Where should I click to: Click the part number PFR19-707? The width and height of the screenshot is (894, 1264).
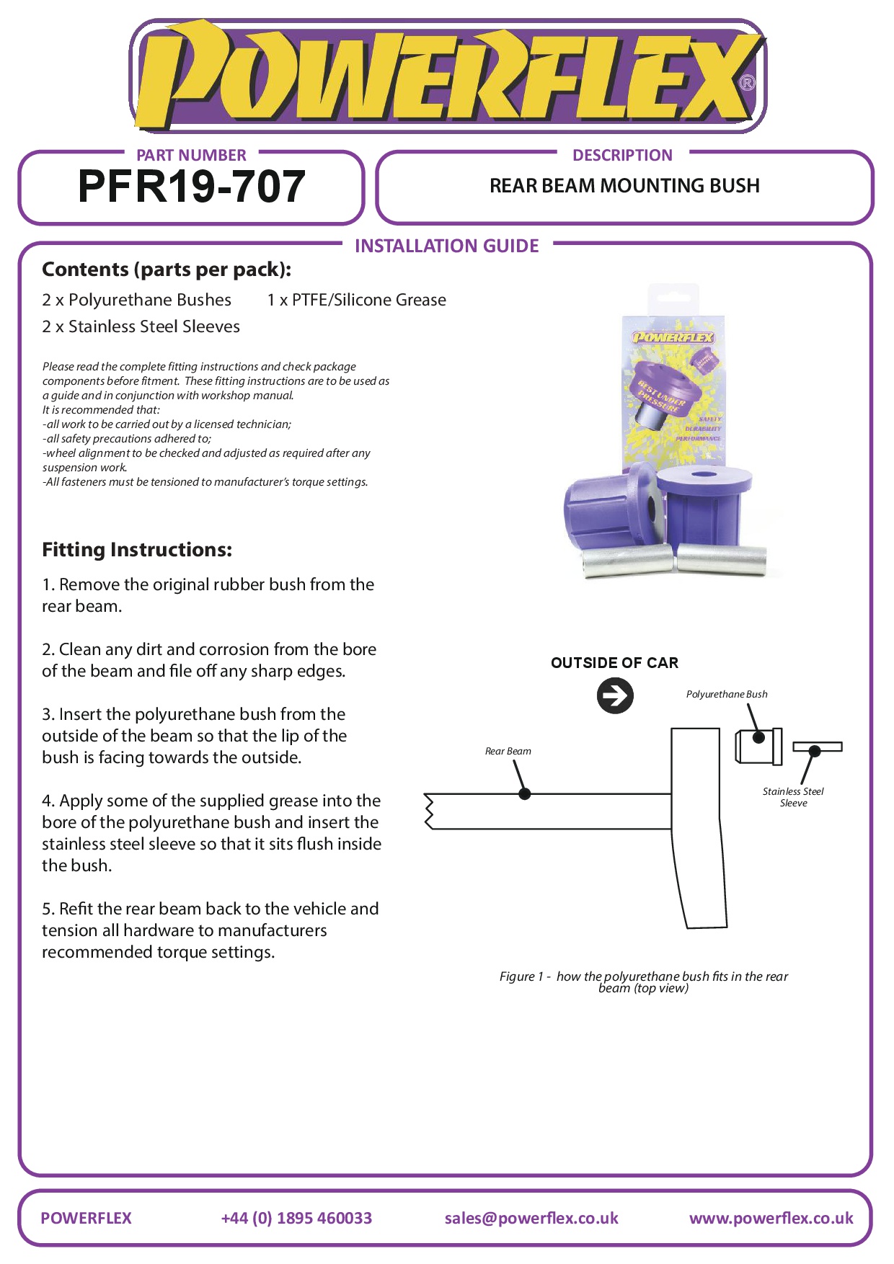[191, 187]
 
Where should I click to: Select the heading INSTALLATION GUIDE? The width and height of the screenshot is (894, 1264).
[446, 246]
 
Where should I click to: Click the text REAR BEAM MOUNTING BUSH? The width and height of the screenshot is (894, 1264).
[624, 186]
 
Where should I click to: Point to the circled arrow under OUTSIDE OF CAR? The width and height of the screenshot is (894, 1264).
[615, 696]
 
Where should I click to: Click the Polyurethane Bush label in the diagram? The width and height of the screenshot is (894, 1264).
[726, 694]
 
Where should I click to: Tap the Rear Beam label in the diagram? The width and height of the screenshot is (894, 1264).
[508, 751]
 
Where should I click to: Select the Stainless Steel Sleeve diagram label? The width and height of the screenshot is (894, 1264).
[792, 797]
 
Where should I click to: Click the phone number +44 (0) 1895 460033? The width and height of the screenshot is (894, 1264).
[296, 1218]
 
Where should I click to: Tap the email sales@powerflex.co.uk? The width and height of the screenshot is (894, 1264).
[531, 1218]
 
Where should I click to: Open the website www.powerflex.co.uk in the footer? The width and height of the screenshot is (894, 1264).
[771, 1218]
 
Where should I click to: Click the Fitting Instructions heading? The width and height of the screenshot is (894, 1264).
[137, 550]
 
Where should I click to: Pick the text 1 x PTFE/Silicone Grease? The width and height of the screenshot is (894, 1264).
[356, 300]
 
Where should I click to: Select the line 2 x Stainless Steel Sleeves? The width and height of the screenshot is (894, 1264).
[141, 326]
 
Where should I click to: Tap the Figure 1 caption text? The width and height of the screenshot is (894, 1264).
[643, 982]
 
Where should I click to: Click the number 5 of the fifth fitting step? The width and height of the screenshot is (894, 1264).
[47, 909]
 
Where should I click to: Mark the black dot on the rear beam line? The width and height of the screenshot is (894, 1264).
[525, 793]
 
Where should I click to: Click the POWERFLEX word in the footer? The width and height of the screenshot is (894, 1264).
[86, 1218]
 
